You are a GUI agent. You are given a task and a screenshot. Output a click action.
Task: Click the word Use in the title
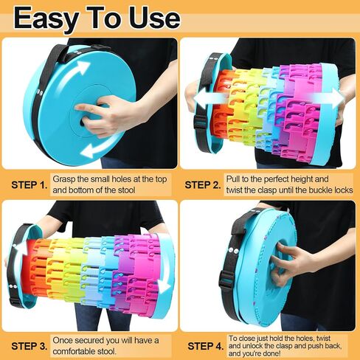pyautogui.click(x=155, y=18)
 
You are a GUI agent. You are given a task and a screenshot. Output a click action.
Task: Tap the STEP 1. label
pyautogui.click(x=30, y=185)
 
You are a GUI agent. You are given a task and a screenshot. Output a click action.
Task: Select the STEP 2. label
pyautogui.click(x=203, y=185)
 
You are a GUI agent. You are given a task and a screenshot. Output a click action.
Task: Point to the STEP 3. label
pyautogui.click(x=30, y=346)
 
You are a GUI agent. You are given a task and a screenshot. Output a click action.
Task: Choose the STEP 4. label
pyautogui.click(x=206, y=346)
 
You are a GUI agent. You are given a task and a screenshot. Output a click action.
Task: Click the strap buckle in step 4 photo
pyautogui.click(x=226, y=280)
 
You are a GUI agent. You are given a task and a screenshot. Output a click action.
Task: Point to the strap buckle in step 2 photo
pyautogui.click(x=200, y=122)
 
